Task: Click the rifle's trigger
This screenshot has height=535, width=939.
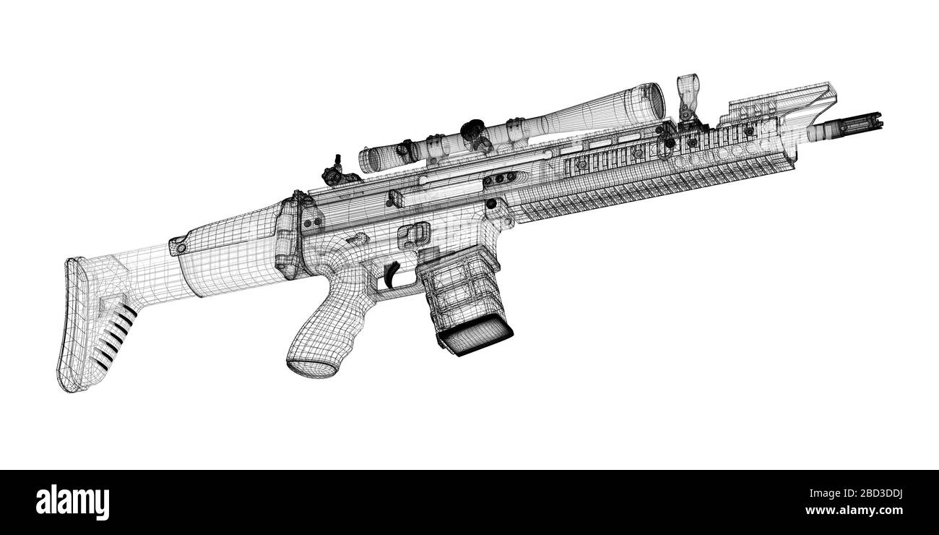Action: (x=391, y=274)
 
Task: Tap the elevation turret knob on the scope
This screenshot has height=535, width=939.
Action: (x=474, y=130)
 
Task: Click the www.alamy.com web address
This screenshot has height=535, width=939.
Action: (x=867, y=510)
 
